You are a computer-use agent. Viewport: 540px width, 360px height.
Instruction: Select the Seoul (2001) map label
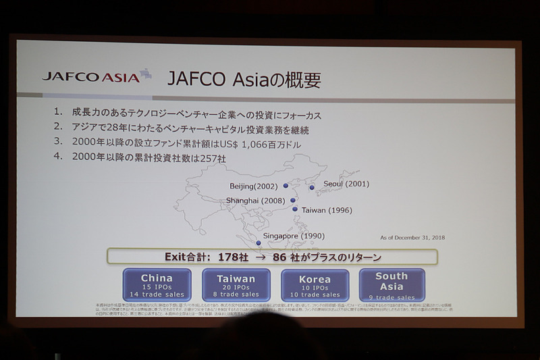coord(346,184)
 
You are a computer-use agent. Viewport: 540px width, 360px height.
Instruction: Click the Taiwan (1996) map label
coord(327,210)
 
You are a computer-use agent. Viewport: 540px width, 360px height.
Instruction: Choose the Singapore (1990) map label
coord(294,235)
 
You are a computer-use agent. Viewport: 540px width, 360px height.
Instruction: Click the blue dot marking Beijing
coord(286,185)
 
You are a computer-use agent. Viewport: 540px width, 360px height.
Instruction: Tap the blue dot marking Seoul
coord(312,187)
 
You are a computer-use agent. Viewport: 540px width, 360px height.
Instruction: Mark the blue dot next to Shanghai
coord(293,200)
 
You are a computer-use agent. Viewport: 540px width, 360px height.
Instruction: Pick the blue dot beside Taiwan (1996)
coord(295,209)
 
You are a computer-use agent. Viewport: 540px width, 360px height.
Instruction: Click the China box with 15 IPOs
coord(157,285)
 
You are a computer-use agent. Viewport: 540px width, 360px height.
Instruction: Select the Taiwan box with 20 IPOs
coord(236,285)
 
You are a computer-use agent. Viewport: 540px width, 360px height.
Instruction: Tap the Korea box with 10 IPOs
coord(315,285)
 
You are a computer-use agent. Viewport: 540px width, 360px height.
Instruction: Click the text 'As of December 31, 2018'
coord(412,237)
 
